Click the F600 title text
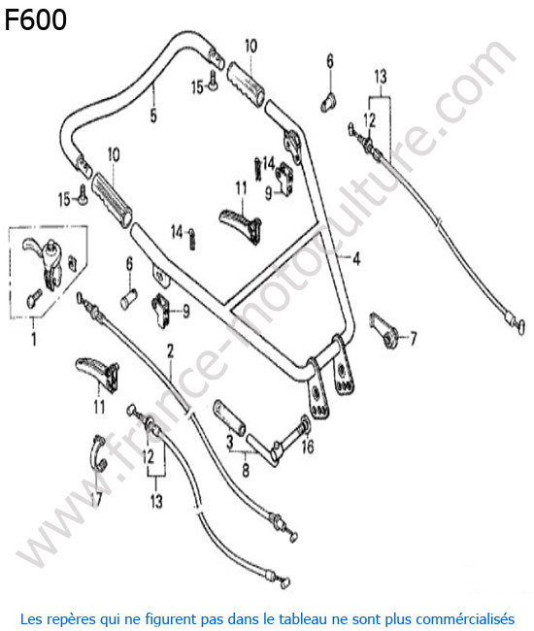[35, 19]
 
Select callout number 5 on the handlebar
[153, 116]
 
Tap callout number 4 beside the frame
[356, 259]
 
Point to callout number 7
[413, 339]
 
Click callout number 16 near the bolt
[308, 447]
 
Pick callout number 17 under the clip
[96, 499]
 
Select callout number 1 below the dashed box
[34, 339]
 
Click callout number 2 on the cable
[170, 351]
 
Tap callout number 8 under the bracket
[246, 469]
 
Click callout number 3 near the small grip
[230, 443]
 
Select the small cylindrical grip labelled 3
[229, 417]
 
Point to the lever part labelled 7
[384, 331]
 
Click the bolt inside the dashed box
[34, 297]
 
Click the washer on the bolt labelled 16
[304, 425]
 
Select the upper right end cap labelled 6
[328, 102]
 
